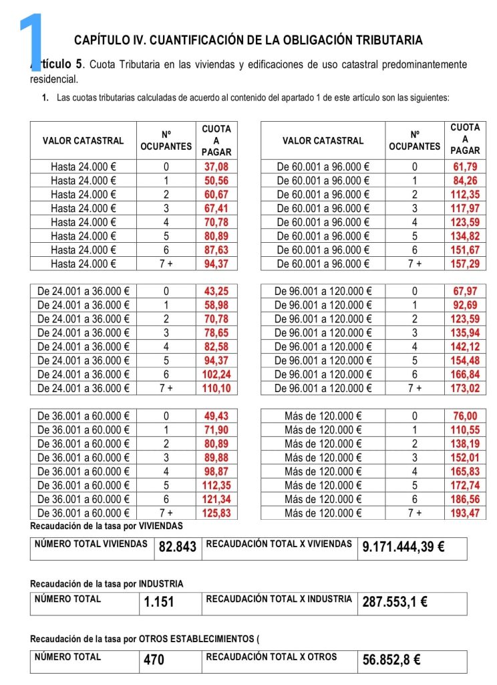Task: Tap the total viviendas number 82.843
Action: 177,547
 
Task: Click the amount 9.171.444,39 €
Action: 403,547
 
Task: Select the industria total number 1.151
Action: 159,602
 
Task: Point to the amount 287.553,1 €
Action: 395,602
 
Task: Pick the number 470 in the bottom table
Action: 154,660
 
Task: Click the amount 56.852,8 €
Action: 391,660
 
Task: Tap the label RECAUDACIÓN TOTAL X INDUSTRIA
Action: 279,599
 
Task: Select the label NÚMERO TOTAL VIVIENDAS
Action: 91,544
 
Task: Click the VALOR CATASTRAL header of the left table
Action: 83,140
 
